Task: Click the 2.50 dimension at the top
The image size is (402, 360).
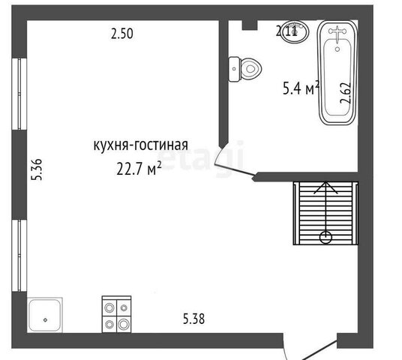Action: (x=122, y=34)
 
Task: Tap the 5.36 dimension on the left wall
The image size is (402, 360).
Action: (x=37, y=169)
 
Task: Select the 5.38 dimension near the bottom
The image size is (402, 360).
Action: (x=193, y=319)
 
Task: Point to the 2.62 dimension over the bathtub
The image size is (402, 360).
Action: (x=345, y=93)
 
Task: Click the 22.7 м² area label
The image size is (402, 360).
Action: (x=139, y=168)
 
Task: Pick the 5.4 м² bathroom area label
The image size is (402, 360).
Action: (x=301, y=88)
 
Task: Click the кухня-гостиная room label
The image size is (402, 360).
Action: (x=141, y=145)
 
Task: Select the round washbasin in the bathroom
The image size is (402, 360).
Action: (x=295, y=31)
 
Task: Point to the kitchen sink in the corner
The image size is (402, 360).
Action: (x=45, y=315)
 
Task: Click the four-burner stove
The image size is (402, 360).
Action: (x=117, y=314)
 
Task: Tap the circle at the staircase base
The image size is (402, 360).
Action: (x=325, y=237)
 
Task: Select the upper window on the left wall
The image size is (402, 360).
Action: (x=19, y=94)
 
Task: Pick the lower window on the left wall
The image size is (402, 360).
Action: (x=19, y=256)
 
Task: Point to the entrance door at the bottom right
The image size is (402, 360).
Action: (x=320, y=350)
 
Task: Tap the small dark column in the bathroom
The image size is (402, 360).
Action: (x=250, y=25)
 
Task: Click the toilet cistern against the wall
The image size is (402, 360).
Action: (x=234, y=69)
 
